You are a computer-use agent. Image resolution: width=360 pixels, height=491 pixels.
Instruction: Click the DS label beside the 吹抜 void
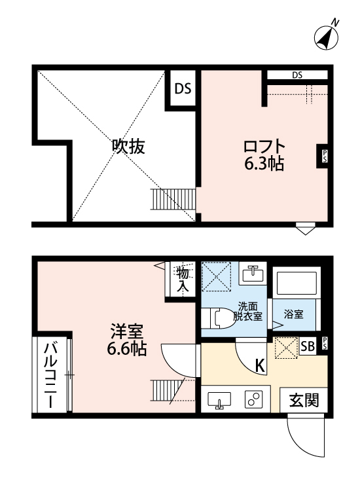pos(183,88)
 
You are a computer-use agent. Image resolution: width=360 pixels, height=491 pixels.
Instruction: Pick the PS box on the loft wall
pos(323,155)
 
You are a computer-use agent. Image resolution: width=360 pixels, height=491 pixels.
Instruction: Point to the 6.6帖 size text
pos(127,349)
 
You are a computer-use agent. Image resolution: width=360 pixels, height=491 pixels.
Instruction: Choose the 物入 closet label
pos(183,280)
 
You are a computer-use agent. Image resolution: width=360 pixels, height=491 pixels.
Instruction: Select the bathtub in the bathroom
pos(296,283)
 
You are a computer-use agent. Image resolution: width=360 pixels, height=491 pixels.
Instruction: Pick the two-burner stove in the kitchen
pos(253,399)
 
